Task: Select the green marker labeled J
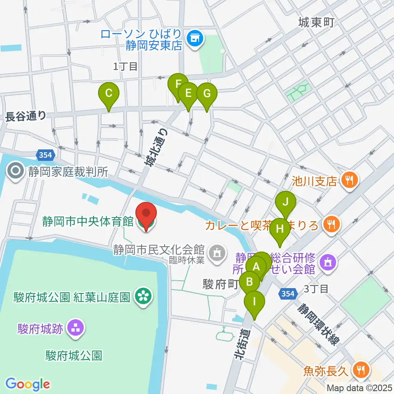(285, 202)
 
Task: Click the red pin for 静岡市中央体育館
(146, 213)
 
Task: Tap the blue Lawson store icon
(192, 39)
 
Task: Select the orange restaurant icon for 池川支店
(350, 180)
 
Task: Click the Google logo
(27, 384)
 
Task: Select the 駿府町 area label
(220, 285)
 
